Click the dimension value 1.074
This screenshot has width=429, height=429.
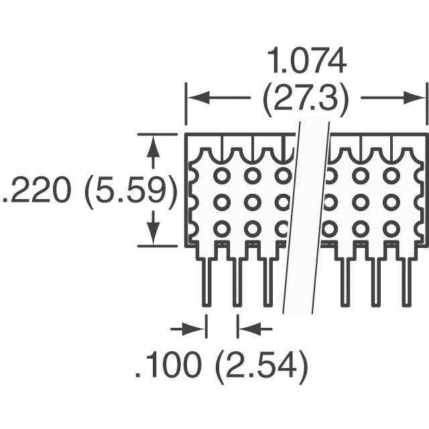pyautogui.click(x=306, y=61)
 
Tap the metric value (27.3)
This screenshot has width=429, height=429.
pyautogui.click(x=306, y=99)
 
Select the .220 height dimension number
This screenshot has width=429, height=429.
pyautogui.click(x=36, y=190)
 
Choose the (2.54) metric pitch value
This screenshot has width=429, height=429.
pyautogui.click(x=262, y=366)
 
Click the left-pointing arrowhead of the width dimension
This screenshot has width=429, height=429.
pyautogui.click(x=198, y=98)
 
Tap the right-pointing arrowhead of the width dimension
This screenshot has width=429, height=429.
pyautogui.click(x=414, y=98)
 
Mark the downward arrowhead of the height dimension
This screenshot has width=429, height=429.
pyautogui.click(x=153, y=233)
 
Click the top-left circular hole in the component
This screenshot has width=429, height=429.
pyautogui.click(x=222, y=176)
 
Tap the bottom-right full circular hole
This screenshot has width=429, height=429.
pyautogui.click(x=391, y=229)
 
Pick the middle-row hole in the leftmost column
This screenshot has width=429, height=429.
pyautogui.click(x=222, y=202)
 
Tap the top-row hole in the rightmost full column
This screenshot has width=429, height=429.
pyautogui.click(x=391, y=176)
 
